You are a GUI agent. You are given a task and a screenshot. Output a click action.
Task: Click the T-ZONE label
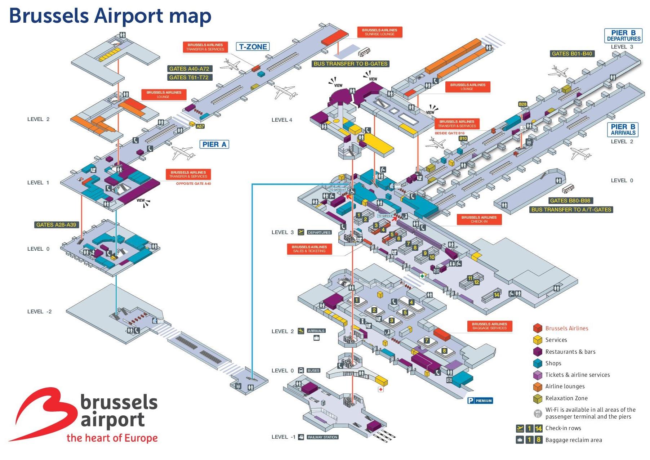coord(253,47)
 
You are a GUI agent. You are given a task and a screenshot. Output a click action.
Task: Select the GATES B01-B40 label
coord(572,54)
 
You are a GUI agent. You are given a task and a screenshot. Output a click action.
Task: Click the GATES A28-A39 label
coord(56,225)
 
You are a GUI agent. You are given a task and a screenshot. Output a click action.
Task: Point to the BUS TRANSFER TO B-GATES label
coord(351,64)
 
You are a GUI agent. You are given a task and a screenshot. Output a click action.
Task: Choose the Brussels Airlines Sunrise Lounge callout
coord(379,32)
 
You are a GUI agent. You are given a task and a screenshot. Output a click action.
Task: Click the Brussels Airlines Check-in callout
coord(479,219)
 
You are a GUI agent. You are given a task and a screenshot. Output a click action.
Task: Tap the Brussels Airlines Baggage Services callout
coord(489,326)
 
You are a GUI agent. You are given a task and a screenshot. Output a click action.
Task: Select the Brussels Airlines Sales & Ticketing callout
coord(309,249)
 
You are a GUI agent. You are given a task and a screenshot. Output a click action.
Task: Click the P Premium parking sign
coord(480,401)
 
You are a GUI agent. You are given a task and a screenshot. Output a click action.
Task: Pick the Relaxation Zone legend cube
coord(538,398)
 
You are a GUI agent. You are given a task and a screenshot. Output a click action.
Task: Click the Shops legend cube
coord(538,363)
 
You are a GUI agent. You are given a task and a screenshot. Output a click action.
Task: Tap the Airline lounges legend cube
coord(538,387)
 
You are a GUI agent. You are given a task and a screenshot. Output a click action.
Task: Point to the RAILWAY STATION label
coord(322,437)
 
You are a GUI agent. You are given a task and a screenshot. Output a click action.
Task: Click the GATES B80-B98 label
coord(570,201)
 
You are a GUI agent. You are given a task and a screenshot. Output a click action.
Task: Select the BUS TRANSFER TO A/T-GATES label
coord(571,210)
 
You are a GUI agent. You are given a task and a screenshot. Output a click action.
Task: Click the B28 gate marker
coord(522,104)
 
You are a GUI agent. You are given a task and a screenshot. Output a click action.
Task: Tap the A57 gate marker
coord(200,126)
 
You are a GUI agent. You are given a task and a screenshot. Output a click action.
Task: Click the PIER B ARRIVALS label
coord(623,130)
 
